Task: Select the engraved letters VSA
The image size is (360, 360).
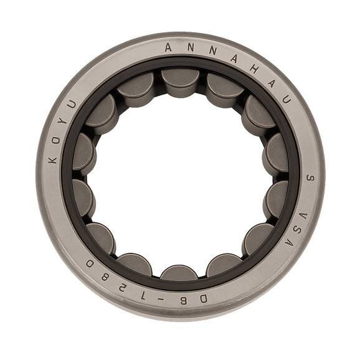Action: [x=296, y=229]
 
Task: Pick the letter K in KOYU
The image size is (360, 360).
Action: [x=54, y=158]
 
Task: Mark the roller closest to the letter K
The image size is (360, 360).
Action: [x=83, y=153]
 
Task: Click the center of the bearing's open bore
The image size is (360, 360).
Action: [x=180, y=178]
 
